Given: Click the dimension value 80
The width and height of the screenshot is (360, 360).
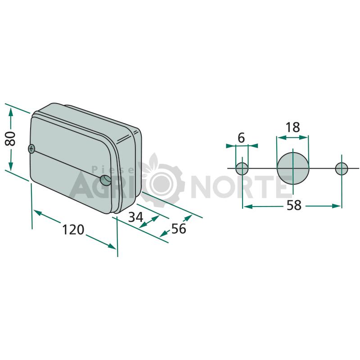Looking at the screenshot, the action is pos(10,139).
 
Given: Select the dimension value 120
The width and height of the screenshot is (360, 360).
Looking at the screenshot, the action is pos(73,229).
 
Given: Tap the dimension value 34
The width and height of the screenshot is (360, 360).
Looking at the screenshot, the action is pos(136,217).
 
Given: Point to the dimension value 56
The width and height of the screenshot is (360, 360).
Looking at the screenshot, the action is pos(179,229).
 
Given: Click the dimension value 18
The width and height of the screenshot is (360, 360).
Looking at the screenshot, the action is pos(293,127).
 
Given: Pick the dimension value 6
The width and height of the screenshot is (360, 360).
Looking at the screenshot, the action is pos(241,138).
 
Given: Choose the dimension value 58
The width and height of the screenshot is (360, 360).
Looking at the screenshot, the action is pos(294,205).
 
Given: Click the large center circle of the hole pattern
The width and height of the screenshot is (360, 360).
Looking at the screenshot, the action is pos(293,168).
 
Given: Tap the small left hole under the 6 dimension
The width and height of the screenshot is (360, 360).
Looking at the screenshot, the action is pos(242,168).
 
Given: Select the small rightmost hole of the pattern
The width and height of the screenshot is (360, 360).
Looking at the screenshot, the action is pos(342,168).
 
